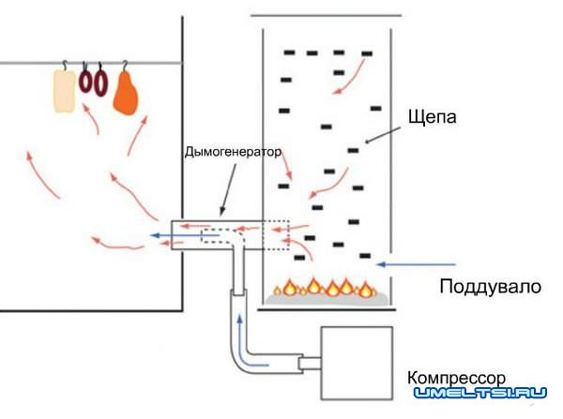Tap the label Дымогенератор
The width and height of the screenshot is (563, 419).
pyautogui.click(x=232, y=153)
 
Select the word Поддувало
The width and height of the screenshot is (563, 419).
pyautogui.click(x=490, y=286)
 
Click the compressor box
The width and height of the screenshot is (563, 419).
pyautogui.click(x=356, y=362)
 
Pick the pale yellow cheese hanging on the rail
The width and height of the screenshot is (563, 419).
pyautogui.click(x=64, y=92)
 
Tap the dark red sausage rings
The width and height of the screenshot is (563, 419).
pyautogui.click(x=93, y=82)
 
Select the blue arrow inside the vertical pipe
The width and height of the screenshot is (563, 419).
pyautogui.click(x=240, y=328)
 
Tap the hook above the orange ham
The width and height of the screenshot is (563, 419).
pyautogui.click(x=124, y=65)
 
